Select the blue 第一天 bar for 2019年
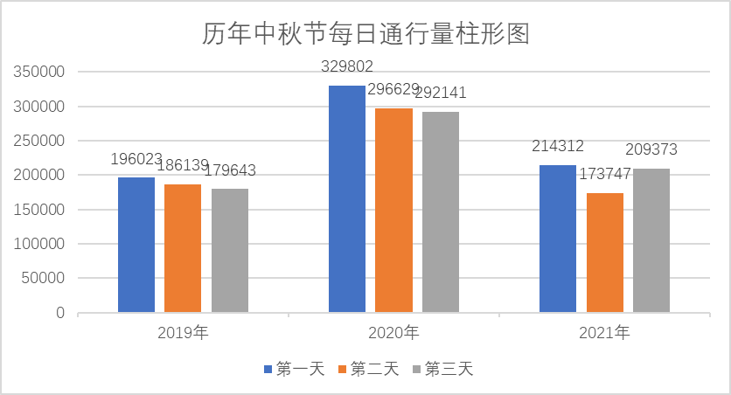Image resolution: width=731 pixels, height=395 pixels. click(136, 245)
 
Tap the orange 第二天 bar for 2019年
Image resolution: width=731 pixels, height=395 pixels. click(183, 248)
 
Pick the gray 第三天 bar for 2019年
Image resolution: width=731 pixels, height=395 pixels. click(230, 251)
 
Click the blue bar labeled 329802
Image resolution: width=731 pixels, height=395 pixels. click(347, 199)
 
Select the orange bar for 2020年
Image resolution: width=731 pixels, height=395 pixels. click(393, 211)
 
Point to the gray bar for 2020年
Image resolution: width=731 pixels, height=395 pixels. click(441, 212)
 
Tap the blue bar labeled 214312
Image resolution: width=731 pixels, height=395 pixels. click(558, 239)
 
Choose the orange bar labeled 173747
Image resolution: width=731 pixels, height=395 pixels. click(605, 253)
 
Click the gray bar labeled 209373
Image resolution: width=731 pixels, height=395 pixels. click(651, 240)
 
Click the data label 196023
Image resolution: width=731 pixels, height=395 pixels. click(136, 159)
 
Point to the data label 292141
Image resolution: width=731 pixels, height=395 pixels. click(441, 94)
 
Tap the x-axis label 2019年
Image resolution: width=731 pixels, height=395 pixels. click(183, 333)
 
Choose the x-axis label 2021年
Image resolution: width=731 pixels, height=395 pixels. click(604, 333)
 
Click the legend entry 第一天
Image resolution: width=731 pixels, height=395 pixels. click(294, 369)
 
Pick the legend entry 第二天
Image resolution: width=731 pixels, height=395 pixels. click(367, 369)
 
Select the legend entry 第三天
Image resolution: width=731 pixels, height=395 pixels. click(442, 369)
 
